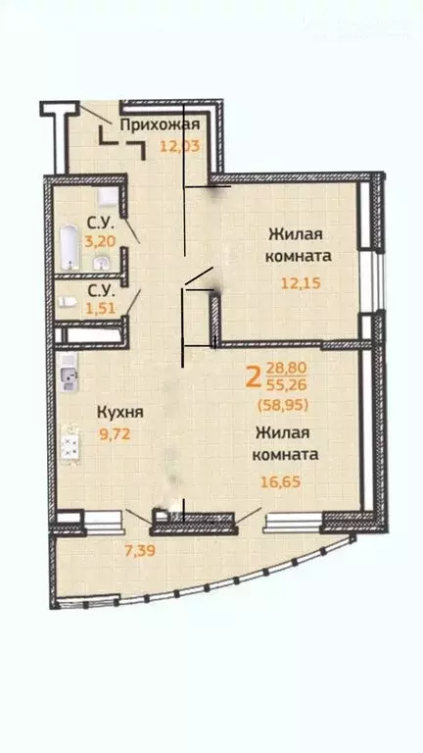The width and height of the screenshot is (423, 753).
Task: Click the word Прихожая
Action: (x=160, y=125)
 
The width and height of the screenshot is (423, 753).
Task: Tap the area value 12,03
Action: (x=178, y=146)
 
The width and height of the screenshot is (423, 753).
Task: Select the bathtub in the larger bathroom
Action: (x=70, y=248)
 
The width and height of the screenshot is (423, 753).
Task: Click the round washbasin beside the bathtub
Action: (x=101, y=263)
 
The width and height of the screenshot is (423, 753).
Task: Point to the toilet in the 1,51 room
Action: (x=65, y=304)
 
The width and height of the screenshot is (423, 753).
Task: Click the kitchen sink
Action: (x=67, y=376)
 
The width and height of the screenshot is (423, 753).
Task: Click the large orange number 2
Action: (x=254, y=376)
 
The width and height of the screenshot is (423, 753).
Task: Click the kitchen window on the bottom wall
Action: (x=97, y=515)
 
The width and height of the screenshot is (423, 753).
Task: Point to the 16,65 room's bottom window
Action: (x=298, y=515)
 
